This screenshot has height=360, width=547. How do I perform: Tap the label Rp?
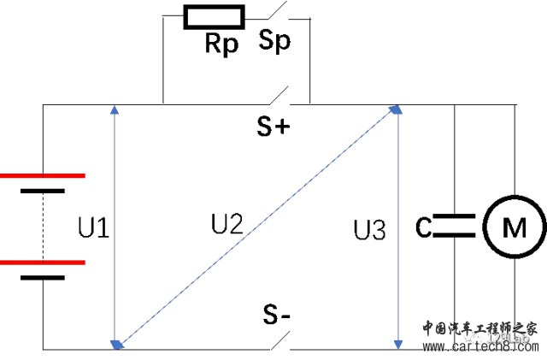221,44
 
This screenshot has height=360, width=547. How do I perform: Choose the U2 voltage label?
227,224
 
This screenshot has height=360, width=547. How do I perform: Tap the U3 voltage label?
369,229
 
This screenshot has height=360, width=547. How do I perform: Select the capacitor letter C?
423,228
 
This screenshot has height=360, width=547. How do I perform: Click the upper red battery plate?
43,175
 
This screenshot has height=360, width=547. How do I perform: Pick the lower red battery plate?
43,263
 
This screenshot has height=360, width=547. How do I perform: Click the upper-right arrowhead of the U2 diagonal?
395,109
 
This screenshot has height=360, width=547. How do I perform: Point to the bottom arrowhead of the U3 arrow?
397,344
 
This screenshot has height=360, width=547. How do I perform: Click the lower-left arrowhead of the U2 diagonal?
119,344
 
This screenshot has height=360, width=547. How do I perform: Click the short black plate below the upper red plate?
43,191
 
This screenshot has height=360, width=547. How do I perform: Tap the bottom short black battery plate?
43,278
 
